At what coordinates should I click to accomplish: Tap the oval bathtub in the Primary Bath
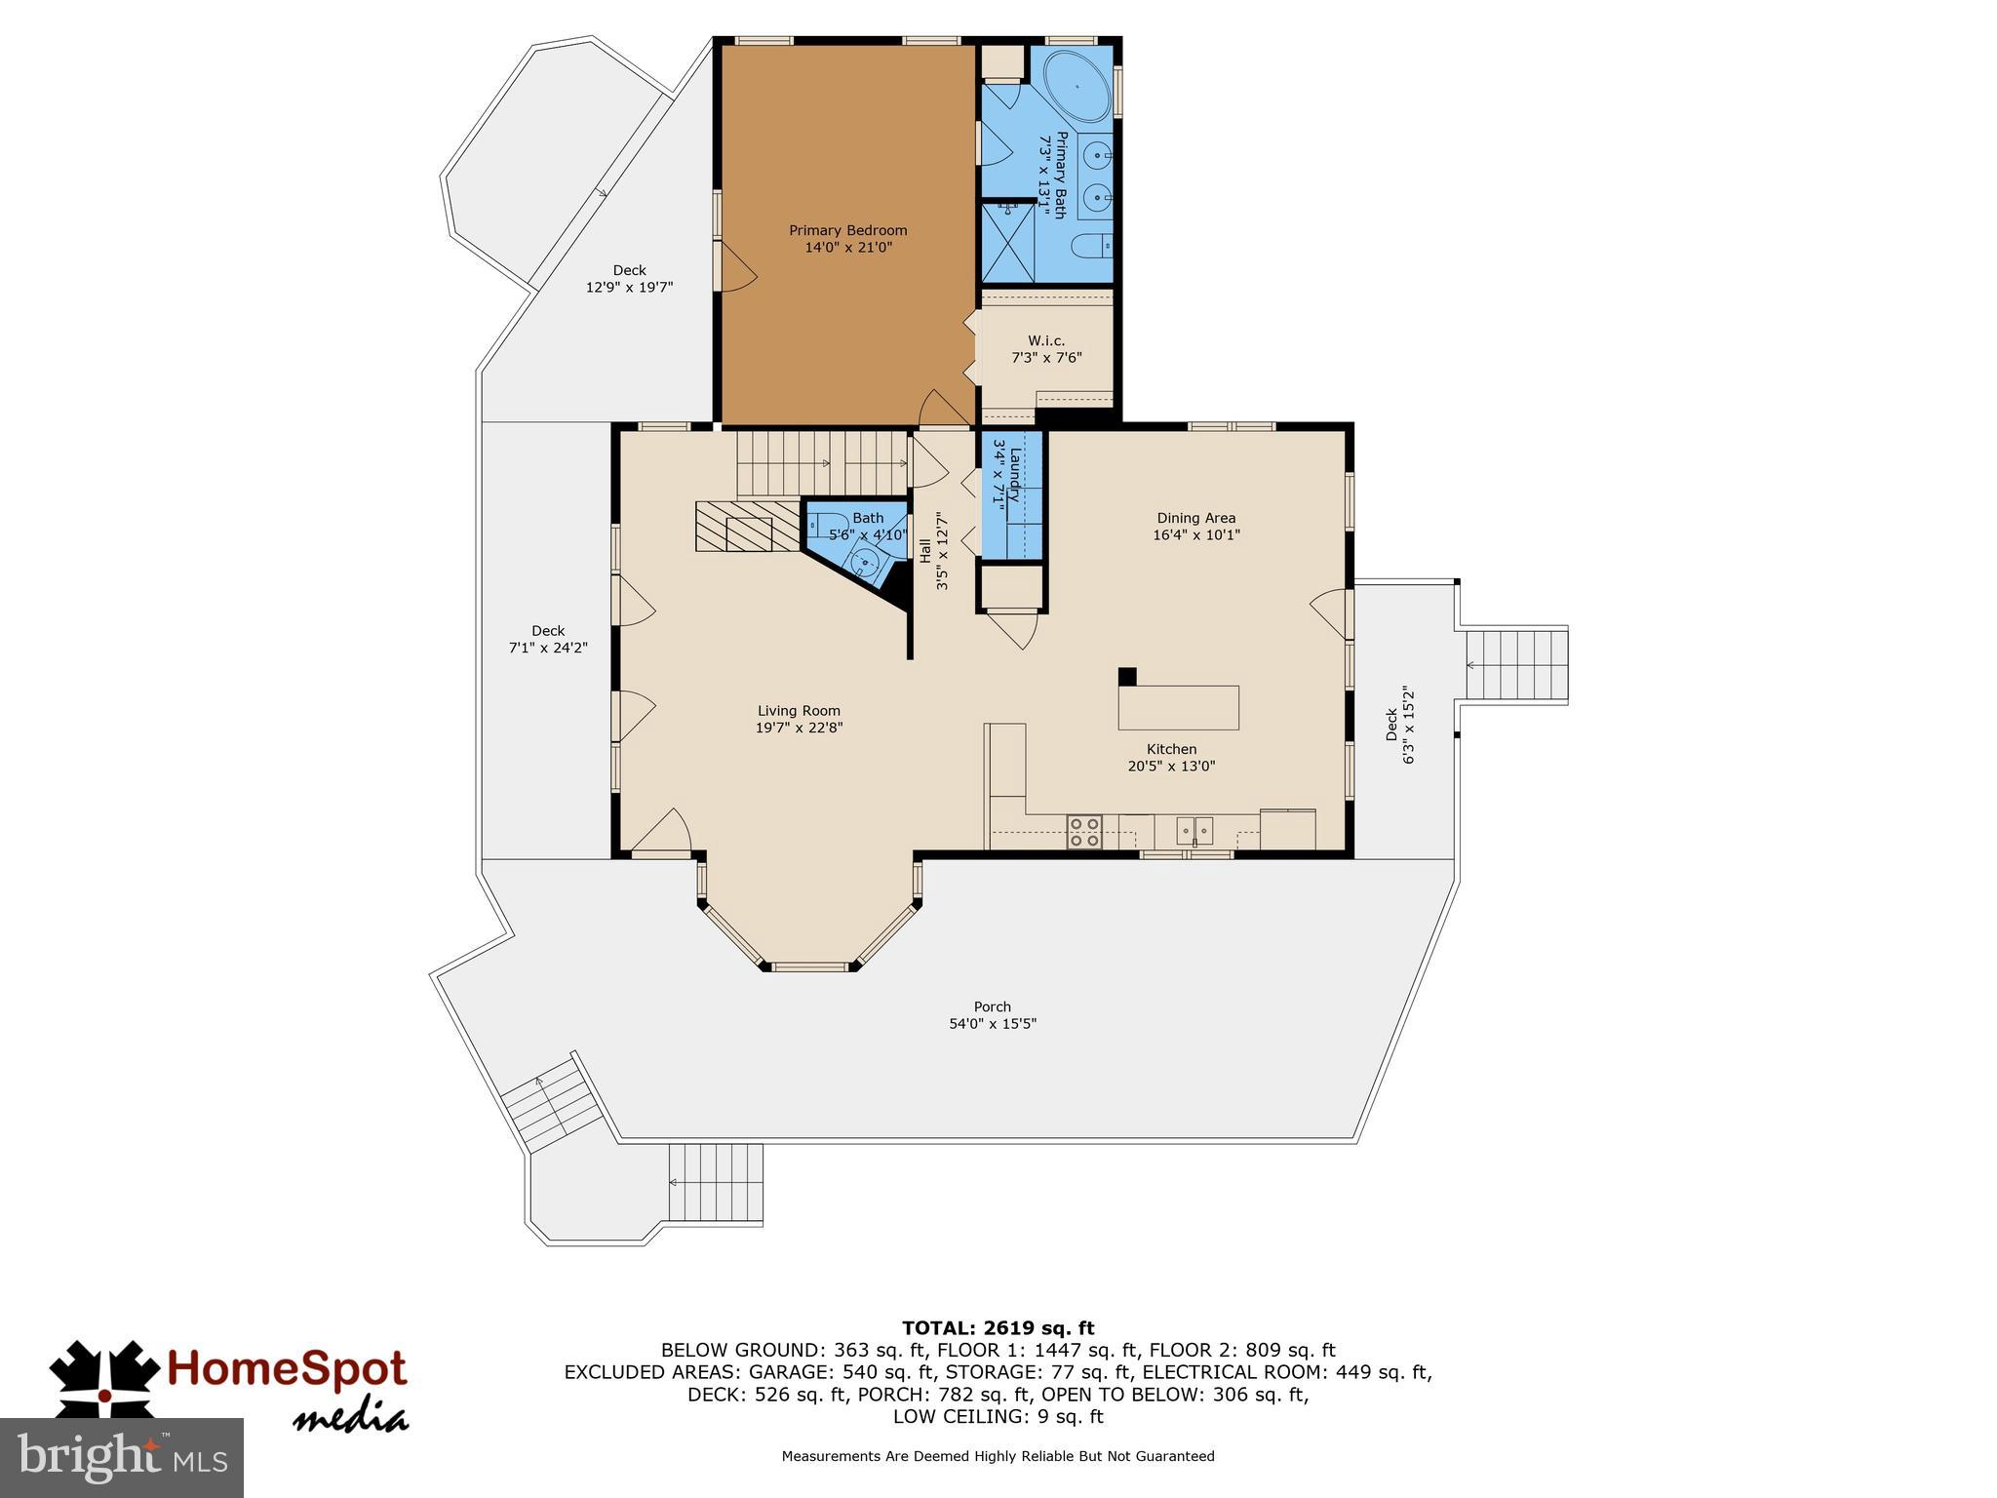[1077, 87]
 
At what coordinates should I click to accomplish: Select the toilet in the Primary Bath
[1093, 245]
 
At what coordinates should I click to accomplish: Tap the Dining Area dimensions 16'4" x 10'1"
[1195, 535]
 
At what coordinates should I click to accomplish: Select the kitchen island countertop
[1178, 707]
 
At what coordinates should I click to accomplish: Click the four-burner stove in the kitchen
[1083, 831]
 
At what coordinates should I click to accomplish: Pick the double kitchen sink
[1194, 831]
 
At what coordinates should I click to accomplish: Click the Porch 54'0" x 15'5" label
[992, 1015]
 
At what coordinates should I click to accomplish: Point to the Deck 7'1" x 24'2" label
[547, 639]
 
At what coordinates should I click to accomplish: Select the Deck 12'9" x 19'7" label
[629, 279]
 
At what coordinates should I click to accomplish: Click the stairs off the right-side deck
[1516, 665]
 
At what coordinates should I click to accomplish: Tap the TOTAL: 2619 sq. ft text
[998, 1328]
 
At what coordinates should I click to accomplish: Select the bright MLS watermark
[122, 1458]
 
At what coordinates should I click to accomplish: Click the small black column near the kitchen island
[1126, 676]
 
